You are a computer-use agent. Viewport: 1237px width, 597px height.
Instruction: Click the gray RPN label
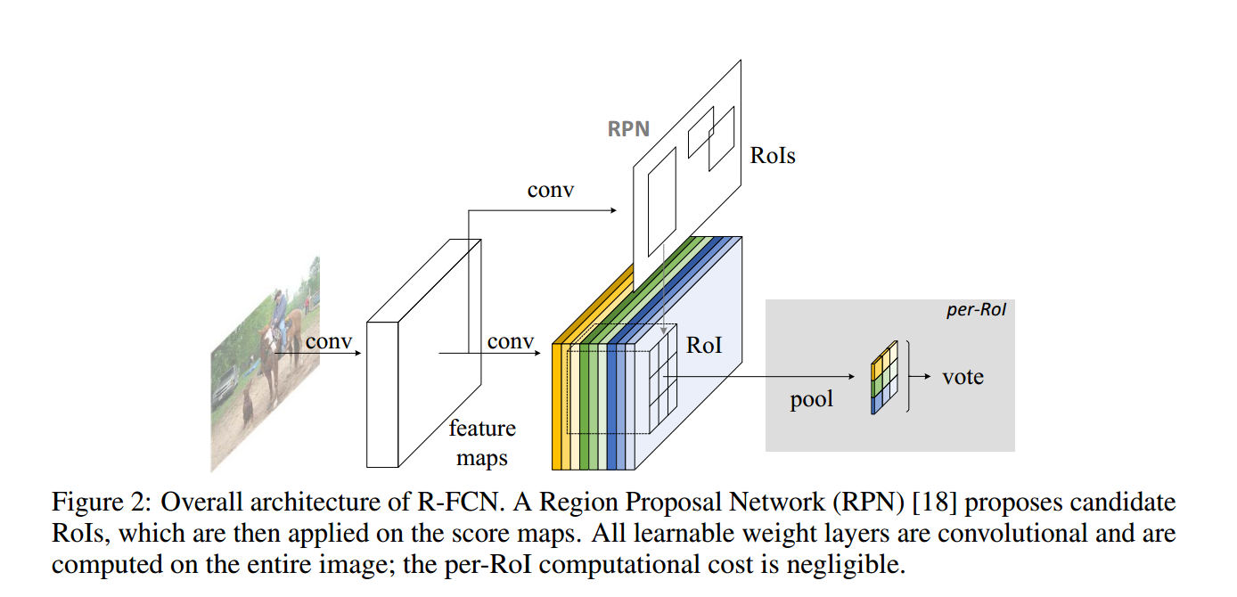point(628,128)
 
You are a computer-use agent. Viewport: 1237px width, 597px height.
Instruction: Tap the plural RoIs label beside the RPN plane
point(772,156)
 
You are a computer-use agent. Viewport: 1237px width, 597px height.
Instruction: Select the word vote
point(963,377)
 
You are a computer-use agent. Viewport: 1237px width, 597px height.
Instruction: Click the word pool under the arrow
point(811,399)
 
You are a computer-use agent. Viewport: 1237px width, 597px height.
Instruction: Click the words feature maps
point(482,443)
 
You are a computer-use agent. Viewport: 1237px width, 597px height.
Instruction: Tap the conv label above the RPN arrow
point(551,190)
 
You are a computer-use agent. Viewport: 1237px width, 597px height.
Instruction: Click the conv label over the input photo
point(329,341)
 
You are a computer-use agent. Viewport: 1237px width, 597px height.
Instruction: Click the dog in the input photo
point(247,406)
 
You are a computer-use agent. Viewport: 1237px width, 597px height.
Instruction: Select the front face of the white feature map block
point(381,392)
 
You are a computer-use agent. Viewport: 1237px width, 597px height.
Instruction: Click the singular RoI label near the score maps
point(703,345)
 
